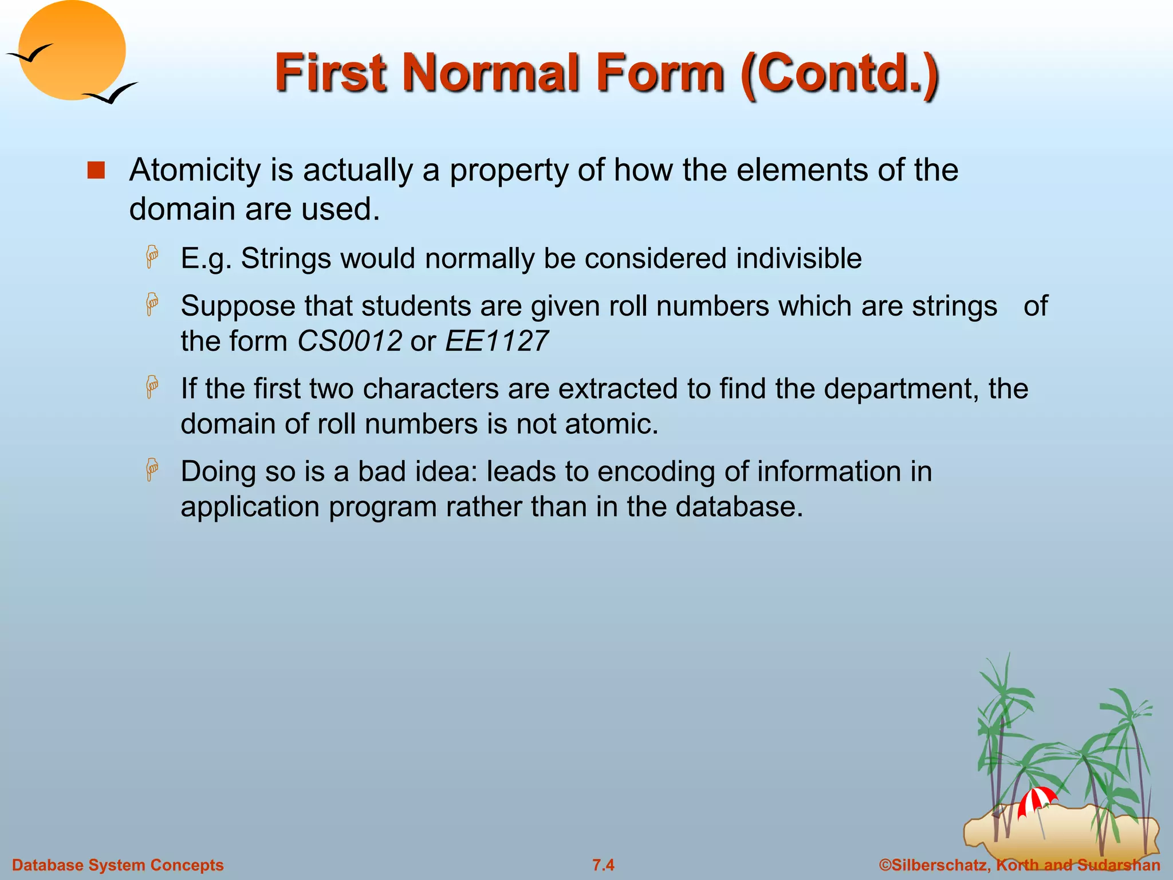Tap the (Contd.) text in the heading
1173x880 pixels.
(x=839, y=73)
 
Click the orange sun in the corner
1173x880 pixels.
(x=72, y=50)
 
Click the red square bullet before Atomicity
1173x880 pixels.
(x=96, y=171)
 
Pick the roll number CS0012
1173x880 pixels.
(x=349, y=341)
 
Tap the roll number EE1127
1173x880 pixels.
(x=497, y=341)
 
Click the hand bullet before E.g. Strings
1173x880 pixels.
(x=152, y=257)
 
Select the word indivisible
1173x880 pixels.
(x=798, y=258)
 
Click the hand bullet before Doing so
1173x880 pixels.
(x=152, y=470)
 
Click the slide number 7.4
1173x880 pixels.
(x=603, y=865)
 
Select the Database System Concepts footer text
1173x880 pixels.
(x=118, y=865)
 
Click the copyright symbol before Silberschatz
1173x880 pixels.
(x=885, y=865)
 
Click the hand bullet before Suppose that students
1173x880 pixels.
(x=152, y=304)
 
